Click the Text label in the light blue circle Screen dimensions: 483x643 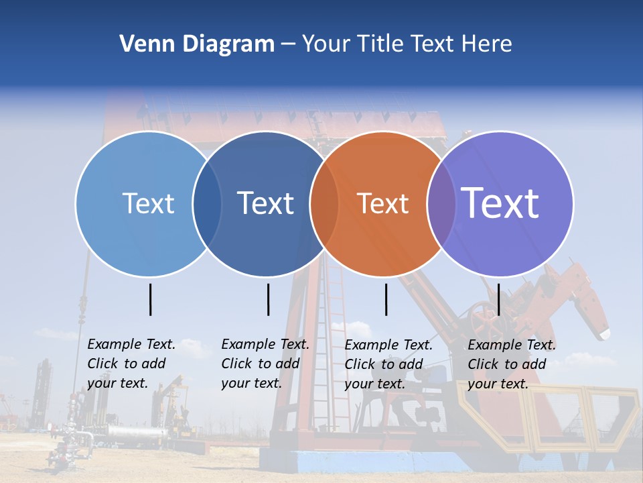[148, 203]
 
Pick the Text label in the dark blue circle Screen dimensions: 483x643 [265, 203]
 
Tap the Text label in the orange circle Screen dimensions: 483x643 [382, 203]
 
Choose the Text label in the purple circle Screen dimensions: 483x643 [500, 203]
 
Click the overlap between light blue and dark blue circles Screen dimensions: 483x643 [207, 204]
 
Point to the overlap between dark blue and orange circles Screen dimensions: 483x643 [324, 204]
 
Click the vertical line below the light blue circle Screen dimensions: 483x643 [151, 299]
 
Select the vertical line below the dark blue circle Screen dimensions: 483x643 [268, 299]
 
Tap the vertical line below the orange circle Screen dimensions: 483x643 [386, 299]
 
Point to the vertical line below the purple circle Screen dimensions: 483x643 [499, 299]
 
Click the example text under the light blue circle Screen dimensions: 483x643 [131, 364]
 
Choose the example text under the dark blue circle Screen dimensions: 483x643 [265, 364]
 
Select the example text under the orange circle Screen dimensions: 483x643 [388, 364]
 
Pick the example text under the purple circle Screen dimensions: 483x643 [511, 364]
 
